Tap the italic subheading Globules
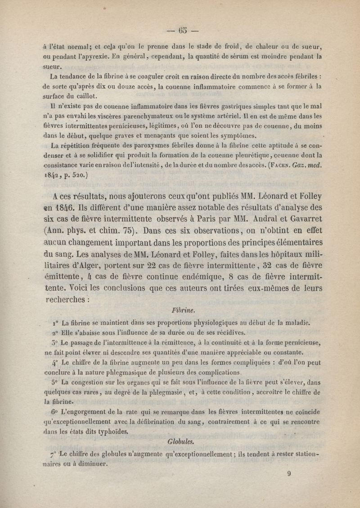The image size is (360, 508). click(180, 441)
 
